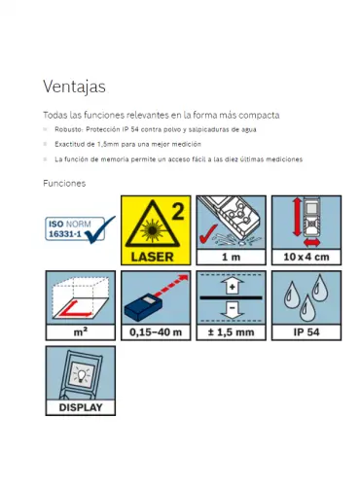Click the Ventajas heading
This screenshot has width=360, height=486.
click(74, 87)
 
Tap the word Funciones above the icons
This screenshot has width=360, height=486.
click(64, 184)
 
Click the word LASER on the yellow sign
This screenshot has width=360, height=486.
click(152, 257)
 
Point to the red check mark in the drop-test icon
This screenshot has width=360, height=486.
click(208, 234)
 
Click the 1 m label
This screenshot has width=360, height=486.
click(231, 258)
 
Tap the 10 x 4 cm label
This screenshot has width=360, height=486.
click(306, 257)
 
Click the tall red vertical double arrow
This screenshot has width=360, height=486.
click(297, 218)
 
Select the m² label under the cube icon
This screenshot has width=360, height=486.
click(81, 331)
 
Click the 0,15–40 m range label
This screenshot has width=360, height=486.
click(156, 332)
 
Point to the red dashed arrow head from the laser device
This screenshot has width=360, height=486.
click(184, 278)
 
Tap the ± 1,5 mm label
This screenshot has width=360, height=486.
click(231, 332)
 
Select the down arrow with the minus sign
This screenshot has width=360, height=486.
click(232, 310)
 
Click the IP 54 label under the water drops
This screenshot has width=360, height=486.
click(306, 332)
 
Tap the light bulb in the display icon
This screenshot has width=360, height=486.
click(81, 376)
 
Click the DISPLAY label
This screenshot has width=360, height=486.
click(81, 407)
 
